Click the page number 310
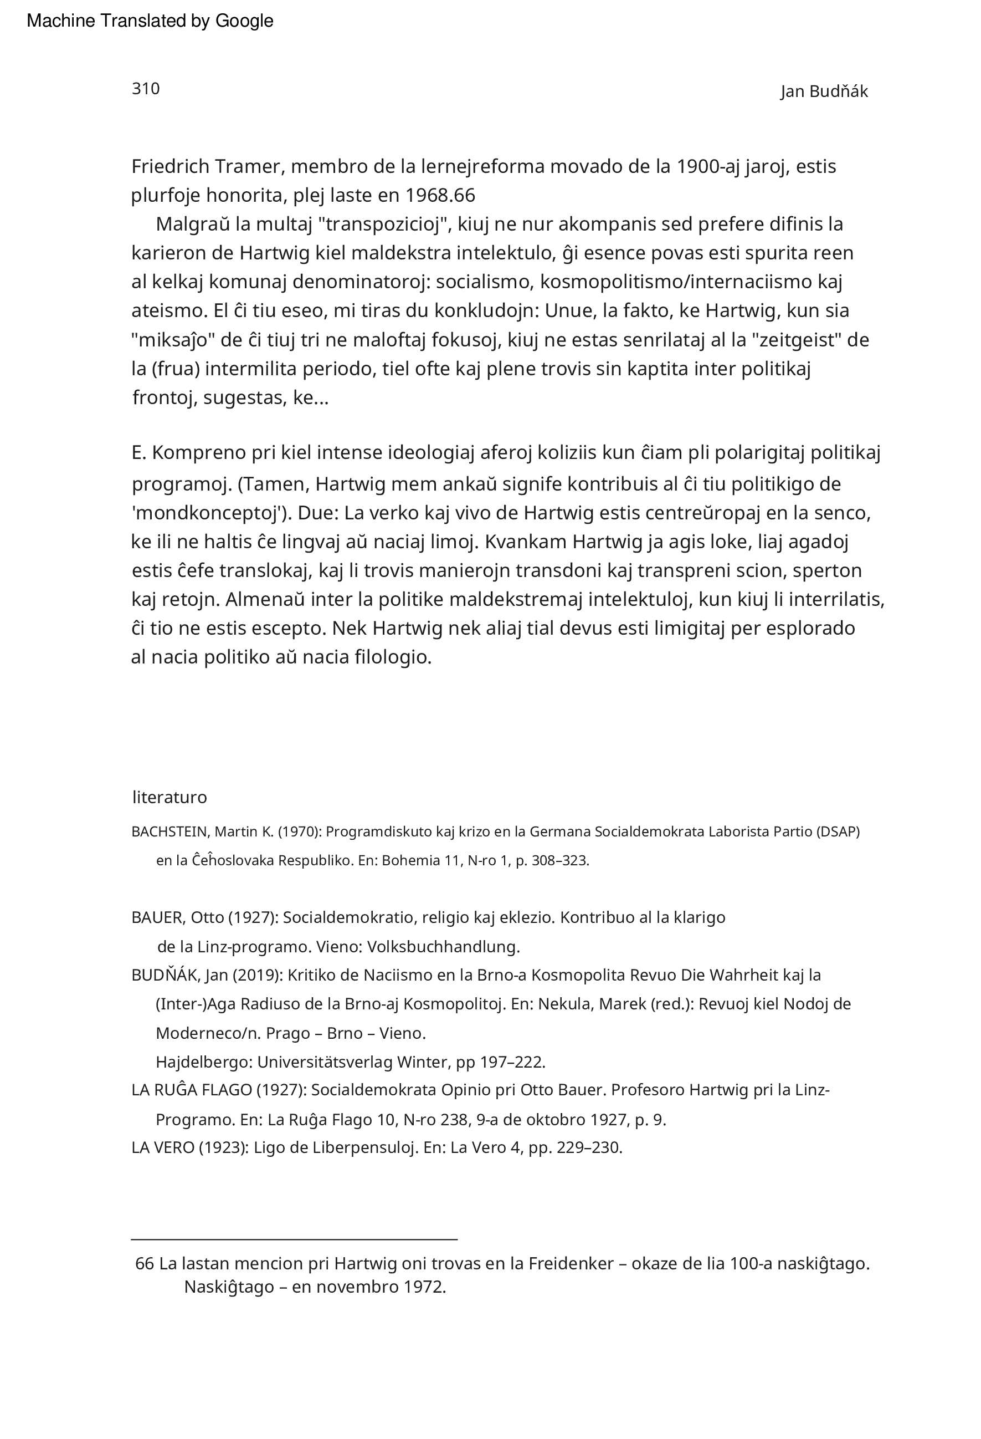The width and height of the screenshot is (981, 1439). point(146,89)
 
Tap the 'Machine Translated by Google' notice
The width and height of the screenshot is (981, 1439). point(150,21)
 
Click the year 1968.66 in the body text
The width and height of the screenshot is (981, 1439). point(440,196)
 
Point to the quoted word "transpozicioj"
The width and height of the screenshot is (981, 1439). point(384,224)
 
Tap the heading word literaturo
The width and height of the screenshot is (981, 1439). point(170,797)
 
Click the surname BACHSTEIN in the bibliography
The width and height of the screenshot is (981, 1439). point(170,831)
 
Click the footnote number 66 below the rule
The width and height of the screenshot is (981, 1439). point(144,1263)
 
